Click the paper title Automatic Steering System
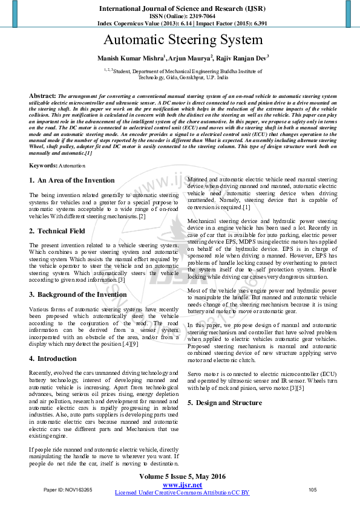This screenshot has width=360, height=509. [183, 41]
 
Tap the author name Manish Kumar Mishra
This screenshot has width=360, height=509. [130, 58]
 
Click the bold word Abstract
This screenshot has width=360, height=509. [42, 96]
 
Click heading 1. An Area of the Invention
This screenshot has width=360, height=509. [71, 180]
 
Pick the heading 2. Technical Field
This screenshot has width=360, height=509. [57, 231]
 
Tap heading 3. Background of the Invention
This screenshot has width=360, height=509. [78, 294]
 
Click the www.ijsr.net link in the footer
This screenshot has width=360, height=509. [182, 485]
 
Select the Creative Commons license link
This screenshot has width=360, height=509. [182, 493]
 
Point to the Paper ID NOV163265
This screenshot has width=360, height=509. [68, 489]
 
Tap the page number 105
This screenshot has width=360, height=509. [313, 489]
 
